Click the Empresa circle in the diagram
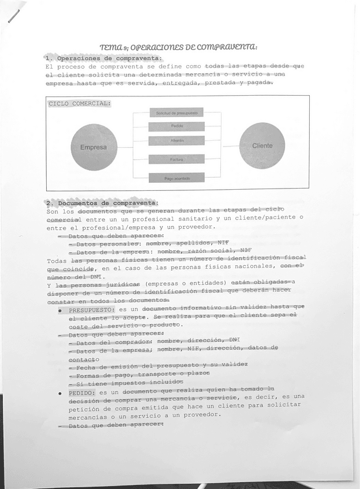click(93, 147)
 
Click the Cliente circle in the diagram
click(262, 146)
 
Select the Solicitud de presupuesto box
click(177, 113)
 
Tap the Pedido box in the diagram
click(177, 126)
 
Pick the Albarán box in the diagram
click(177, 141)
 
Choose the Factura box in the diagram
click(177, 159)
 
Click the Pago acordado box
click(177, 178)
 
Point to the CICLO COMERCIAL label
click(79, 104)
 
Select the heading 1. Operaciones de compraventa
click(103, 58)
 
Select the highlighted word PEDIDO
click(80, 393)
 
